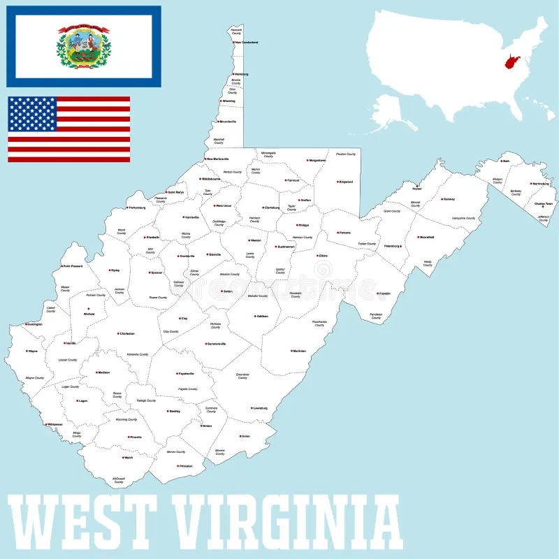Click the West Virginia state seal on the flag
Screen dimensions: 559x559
coord(84,46)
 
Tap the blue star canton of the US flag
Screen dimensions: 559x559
coord(32,115)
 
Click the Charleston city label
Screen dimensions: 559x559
coord(127,333)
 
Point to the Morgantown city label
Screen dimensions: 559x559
coord(317,160)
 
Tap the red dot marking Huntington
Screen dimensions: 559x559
coord(26,324)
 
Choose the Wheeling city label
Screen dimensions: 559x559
coord(228,101)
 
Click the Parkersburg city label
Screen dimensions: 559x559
coord(138,208)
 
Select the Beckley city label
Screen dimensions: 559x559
coord(175,411)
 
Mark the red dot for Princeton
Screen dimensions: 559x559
coord(177,466)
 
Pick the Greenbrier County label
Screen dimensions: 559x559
coord(242,376)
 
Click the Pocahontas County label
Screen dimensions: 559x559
coord(319,324)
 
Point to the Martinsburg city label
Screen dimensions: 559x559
coord(540,184)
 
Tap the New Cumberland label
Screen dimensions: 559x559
coord(247,43)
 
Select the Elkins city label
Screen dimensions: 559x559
coord(323,256)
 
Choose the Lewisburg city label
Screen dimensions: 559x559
coord(261,408)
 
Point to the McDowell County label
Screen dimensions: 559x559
coord(119,481)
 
